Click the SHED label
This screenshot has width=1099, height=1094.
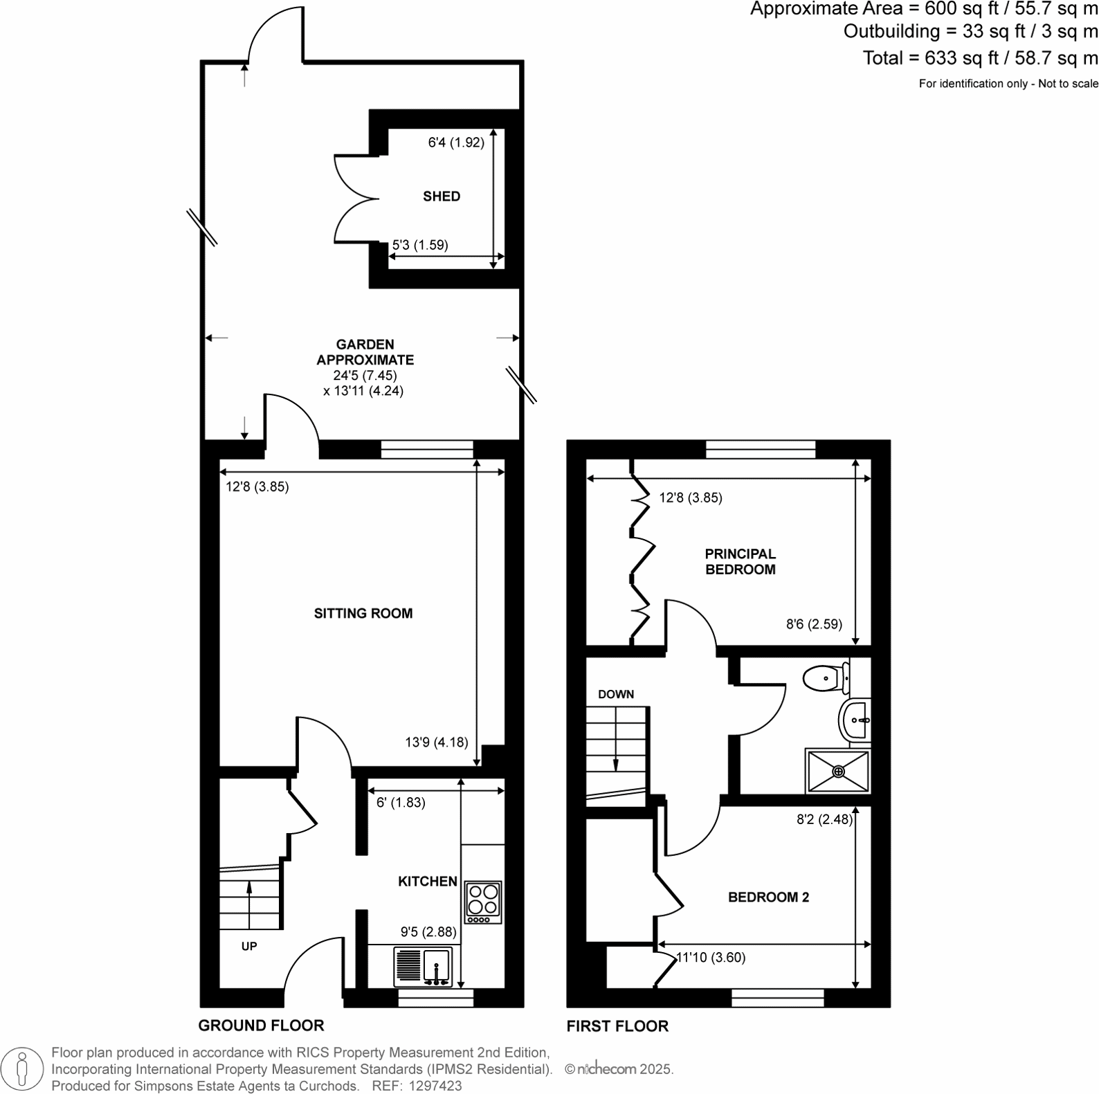tap(442, 197)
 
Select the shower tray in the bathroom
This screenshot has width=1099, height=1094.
tap(838, 771)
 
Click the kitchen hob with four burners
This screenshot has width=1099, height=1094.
tap(483, 902)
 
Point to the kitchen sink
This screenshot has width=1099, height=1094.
tap(423, 966)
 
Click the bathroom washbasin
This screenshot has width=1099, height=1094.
tap(855, 720)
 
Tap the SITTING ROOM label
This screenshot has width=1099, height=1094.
tap(363, 613)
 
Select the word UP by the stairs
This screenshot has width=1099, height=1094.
tap(249, 946)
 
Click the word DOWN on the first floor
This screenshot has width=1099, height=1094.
tap(615, 694)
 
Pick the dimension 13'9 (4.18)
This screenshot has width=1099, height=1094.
tap(436, 742)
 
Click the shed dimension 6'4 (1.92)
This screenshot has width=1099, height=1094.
tap(455, 143)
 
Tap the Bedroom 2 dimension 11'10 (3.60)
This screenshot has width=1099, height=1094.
tap(710, 958)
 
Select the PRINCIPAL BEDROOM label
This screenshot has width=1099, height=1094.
tap(740, 561)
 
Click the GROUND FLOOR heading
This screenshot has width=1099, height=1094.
tap(261, 1025)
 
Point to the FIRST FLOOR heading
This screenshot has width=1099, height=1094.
tap(617, 1026)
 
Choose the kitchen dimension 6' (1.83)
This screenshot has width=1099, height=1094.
tap(401, 803)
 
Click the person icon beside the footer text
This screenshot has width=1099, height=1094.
tap(23, 1069)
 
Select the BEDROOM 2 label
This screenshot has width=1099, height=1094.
tap(768, 897)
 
